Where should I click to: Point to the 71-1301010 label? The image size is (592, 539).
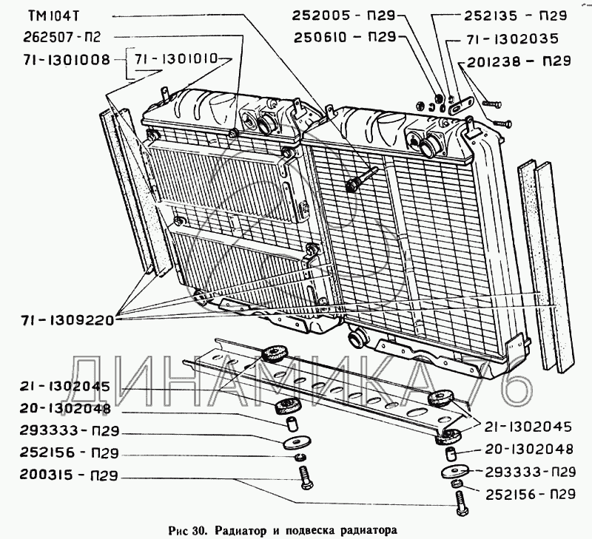183,57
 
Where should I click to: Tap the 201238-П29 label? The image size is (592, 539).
520,64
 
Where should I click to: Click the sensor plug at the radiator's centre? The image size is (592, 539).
353,186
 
